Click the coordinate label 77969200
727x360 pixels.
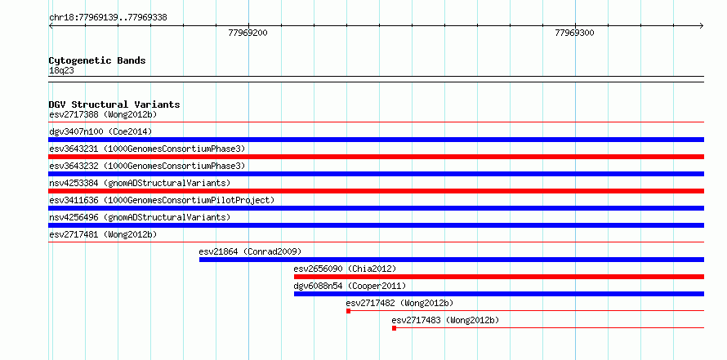[248, 33]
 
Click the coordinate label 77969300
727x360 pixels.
[574, 33]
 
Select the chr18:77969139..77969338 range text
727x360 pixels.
[108, 18]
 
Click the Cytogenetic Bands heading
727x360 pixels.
[97, 60]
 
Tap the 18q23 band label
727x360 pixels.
[61, 71]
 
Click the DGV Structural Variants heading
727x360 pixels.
[114, 104]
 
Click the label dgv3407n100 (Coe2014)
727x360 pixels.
[100, 131]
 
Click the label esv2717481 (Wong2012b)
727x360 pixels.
[103, 234]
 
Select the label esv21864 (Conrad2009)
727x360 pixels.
[251, 251]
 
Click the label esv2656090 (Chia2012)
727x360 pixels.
[345, 269]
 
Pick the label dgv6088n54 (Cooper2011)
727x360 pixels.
[350, 286]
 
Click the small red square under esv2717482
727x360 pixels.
[348, 311]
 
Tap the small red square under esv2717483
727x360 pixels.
[394, 328]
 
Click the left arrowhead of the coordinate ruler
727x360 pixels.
[50, 26]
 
